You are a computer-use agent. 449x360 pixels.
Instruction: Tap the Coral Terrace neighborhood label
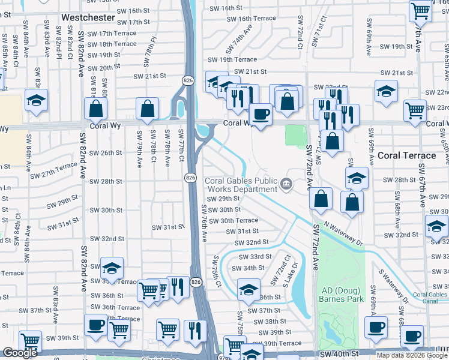coord(406,155)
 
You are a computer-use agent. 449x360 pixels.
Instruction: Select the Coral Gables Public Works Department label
coord(242,185)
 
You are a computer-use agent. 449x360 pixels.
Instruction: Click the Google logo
coord(20,353)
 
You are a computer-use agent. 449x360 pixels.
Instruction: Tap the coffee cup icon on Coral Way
coord(260,113)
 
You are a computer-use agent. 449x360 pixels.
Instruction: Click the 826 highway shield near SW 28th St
coord(190,178)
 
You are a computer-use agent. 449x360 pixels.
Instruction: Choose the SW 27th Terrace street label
coord(53,170)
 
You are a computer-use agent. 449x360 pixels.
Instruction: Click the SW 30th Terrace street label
coord(238,220)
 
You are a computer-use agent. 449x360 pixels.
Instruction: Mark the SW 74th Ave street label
coord(239,43)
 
